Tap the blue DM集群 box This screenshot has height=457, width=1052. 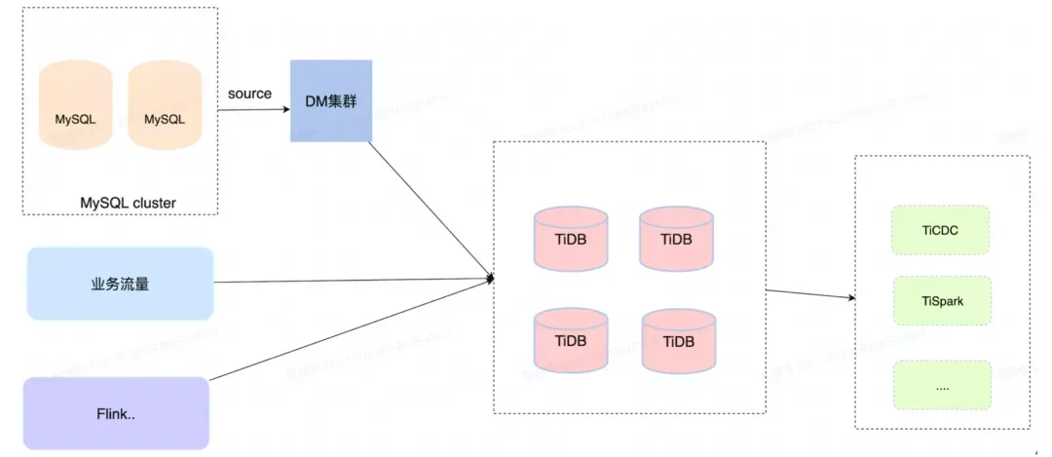[x=331, y=100]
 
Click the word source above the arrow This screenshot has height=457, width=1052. [x=249, y=94]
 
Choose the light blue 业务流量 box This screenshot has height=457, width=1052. [x=120, y=284]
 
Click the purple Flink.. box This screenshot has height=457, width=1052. [x=116, y=414]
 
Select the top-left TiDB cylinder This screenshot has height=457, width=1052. [x=571, y=238]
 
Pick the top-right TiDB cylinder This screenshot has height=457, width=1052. [x=678, y=238]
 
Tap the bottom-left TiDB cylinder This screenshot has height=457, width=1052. [x=571, y=340]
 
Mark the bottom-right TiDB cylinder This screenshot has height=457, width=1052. [x=678, y=340]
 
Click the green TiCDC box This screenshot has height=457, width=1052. [x=941, y=230]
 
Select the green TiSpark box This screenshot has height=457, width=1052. [x=941, y=301]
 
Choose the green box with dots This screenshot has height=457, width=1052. [x=941, y=385]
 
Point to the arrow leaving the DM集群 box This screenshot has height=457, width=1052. [x=429, y=209]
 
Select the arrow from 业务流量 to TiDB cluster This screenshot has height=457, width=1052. [x=351, y=282]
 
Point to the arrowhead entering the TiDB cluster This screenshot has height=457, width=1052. [x=491, y=280]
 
